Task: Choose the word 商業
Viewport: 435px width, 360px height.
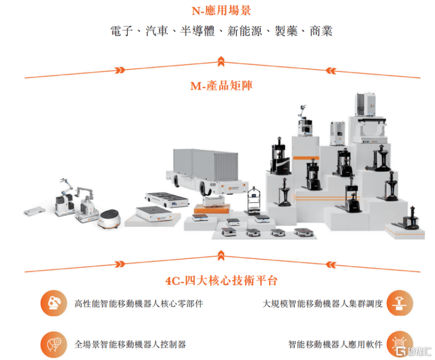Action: pyautogui.click(x=321, y=31)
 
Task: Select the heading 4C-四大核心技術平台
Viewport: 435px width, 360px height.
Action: pyautogui.click(x=221, y=281)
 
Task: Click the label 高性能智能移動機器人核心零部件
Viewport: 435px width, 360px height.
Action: pyautogui.click(x=139, y=303)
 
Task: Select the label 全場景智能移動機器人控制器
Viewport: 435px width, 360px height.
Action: pyautogui.click(x=130, y=344)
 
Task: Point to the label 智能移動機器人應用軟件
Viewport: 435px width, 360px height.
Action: pyautogui.click(x=335, y=344)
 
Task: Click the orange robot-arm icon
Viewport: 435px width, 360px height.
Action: pyautogui.click(x=54, y=303)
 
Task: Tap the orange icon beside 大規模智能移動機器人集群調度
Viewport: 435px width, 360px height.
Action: pyautogui.click(x=400, y=303)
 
